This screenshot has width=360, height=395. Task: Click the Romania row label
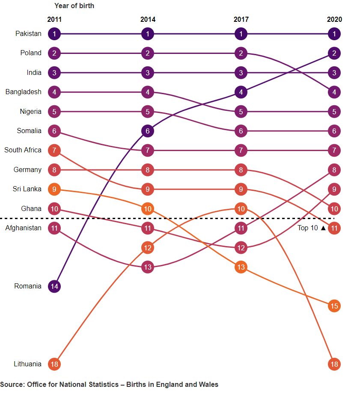[28, 286]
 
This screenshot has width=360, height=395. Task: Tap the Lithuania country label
[27, 364]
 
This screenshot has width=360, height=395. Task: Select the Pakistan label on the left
[28, 34]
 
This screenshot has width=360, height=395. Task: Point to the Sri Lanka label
[27, 189]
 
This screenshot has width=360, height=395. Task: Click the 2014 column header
[148, 20]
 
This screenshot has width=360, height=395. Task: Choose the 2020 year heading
[334, 20]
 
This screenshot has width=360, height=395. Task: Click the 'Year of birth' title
[74, 6]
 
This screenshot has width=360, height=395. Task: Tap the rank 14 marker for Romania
[54, 287]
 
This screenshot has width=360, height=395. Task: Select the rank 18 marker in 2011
[54, 365]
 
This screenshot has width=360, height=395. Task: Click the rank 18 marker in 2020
[334, 365]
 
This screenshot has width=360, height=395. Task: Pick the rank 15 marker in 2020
[334, 306]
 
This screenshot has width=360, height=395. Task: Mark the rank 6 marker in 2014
[148, 131]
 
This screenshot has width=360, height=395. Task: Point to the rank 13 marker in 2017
[241, 267]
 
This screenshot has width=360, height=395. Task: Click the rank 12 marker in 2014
[148, 248]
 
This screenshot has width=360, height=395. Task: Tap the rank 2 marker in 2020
[334, 53]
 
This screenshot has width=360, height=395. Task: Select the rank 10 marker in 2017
[241, 209]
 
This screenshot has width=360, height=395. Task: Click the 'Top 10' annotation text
[308, 228]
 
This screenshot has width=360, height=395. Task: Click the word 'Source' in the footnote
[12, 385]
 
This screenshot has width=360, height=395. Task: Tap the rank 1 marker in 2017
[241, 34]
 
